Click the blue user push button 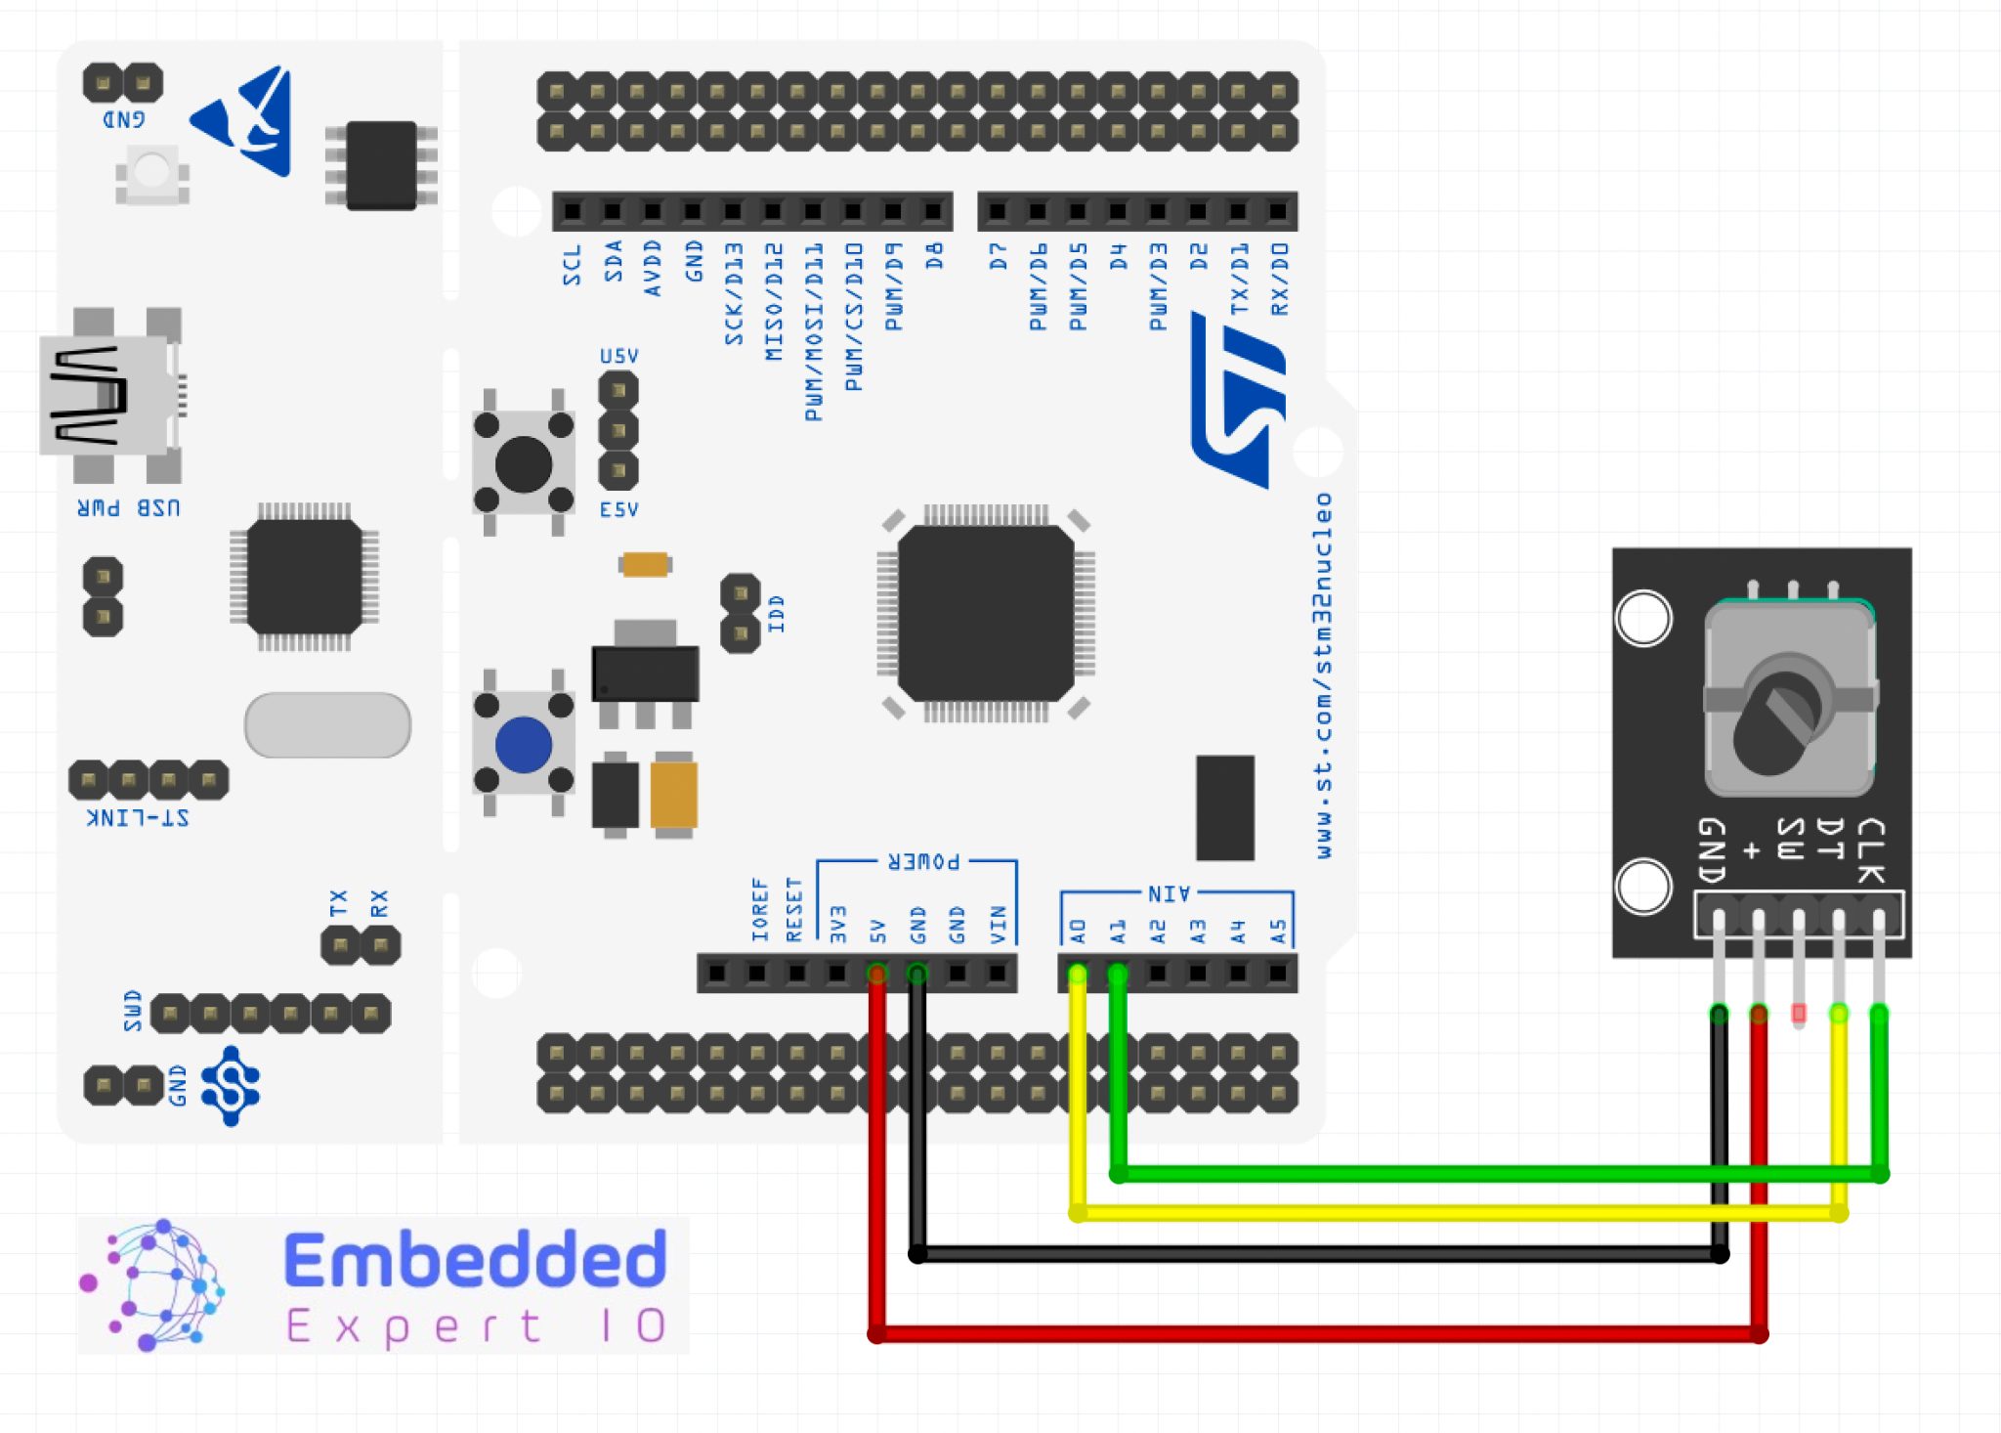[524, 744]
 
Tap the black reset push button [524, 464]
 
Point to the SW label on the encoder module [1790, 839]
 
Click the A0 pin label [1078, 930]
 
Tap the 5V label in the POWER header [877, 930]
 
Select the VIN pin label [998, 924]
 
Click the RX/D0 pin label [1279, 280]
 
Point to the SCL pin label [572, 265]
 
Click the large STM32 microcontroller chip [985, 613]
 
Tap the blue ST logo [1238, 401]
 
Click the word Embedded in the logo [476, 1260]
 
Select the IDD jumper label [776, 614]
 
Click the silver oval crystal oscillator [327, 724]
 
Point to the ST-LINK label [139, 817]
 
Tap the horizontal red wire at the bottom [1319, 1333]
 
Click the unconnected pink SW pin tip [1799, 1014]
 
